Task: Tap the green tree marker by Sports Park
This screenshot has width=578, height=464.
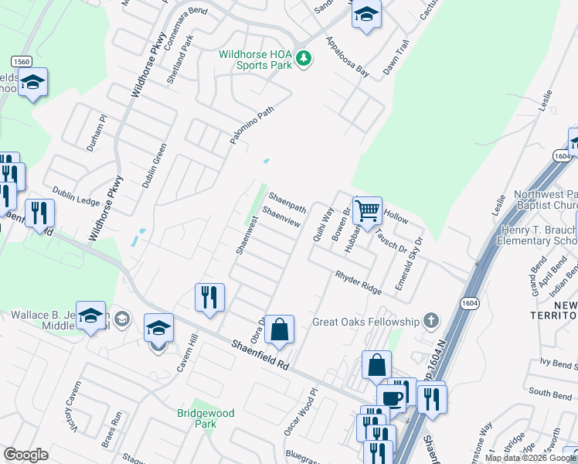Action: [304, 59]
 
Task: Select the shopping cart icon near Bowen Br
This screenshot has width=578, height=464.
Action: [367, 209]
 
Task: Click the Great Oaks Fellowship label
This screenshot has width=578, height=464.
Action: [365, 322]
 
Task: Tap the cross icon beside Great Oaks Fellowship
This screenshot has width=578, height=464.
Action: [431, 321]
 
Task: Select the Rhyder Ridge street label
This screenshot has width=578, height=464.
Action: [359, 282]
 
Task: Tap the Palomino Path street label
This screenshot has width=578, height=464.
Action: [252, 125]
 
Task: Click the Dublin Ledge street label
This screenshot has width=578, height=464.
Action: [76, 196]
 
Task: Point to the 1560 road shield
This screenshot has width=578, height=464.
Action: [21, 61]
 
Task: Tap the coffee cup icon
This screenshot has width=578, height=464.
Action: [393, 397]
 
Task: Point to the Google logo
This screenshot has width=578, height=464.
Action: [26, 455]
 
